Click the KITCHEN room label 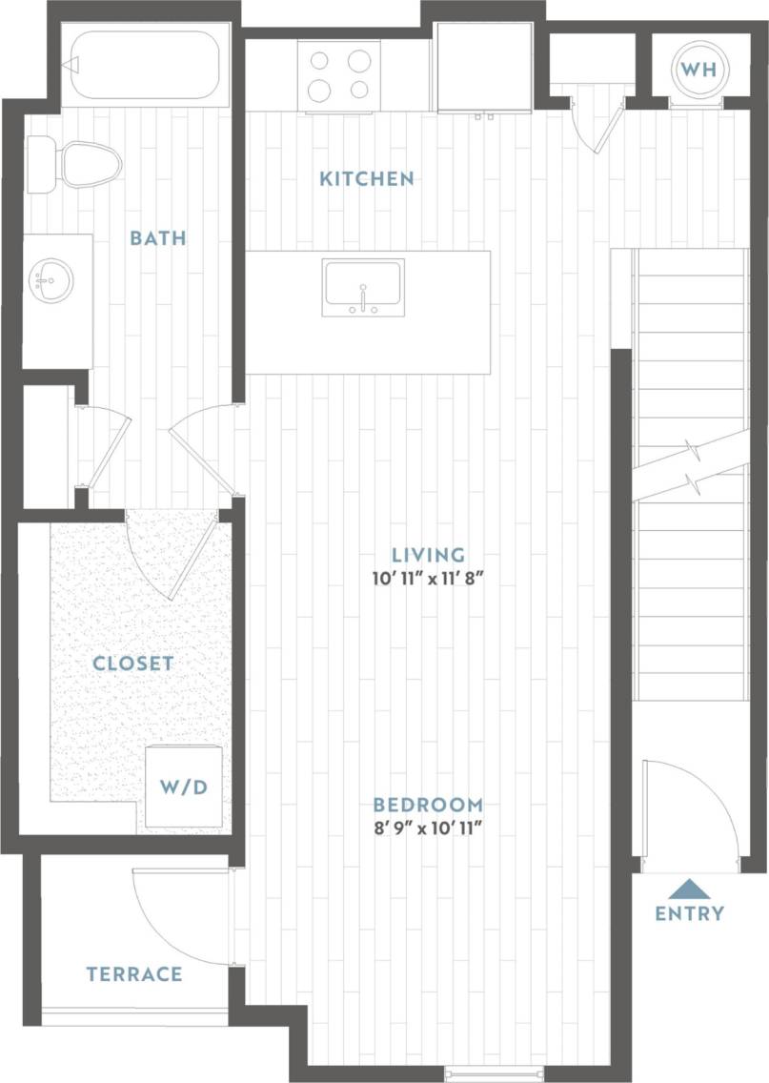coord(366,178)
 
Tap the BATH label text coord(157,237)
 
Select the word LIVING coord(429,554)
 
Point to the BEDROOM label coord(428,804)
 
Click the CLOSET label coord(133,663)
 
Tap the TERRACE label coord(133,974)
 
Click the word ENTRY coord(689,913)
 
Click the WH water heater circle coord(698,70)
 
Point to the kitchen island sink coord(363,287)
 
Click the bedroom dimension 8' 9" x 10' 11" coord(428,829)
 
